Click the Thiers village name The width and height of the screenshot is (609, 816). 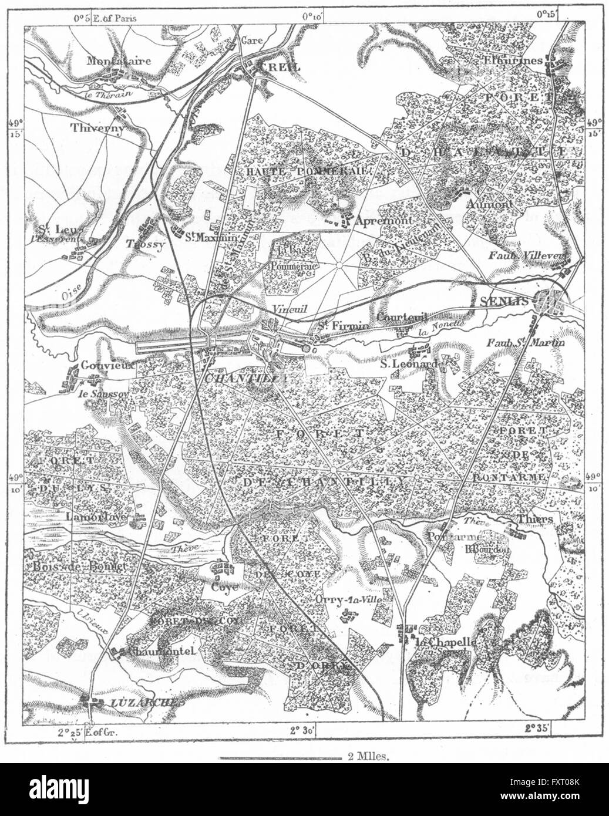click(x=536, y=519)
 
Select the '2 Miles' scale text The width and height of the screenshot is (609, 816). click(x=368, y=758)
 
